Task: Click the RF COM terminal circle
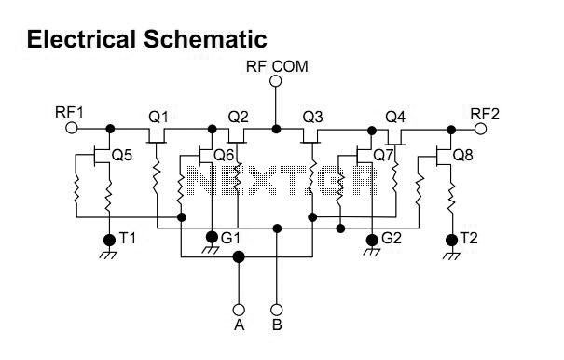[x=276, y=81]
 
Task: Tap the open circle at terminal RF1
[x=72, y=128]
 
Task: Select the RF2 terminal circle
[x=480, y=129]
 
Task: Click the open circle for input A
[x=239, y=310]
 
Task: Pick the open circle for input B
[x=276, y=310]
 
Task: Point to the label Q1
[x=158, y=118]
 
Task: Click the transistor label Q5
[x=122, y=156]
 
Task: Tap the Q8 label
[x=462, y=156]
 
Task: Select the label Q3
[x=312, y=118]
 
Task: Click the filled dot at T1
[x=109, y=240]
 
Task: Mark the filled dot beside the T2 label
[x=451, y=240]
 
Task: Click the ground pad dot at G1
[x=212, y=237]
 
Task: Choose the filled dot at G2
[x=372, y=240]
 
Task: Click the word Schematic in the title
[x=205, y=39]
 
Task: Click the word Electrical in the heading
[x=81, y=39]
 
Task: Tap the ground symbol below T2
[x=451, y=255]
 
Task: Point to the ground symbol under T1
[x=109, y=254]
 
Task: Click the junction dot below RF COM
[x=276, y=129]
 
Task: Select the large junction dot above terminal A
[x=239, y=257]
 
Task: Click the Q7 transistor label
[x=383, y=156]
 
